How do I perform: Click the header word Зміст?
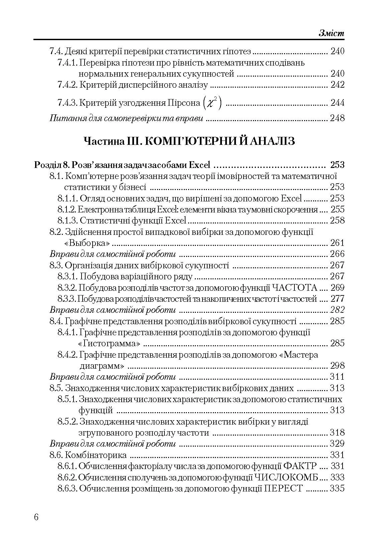[331, 33]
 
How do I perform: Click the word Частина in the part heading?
[104, 141]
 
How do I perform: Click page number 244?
[337, 103]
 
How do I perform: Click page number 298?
[337, 366]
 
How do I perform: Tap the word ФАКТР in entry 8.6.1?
[300, 466]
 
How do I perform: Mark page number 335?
[337, 488]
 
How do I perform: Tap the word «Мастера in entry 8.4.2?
[298, 355]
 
